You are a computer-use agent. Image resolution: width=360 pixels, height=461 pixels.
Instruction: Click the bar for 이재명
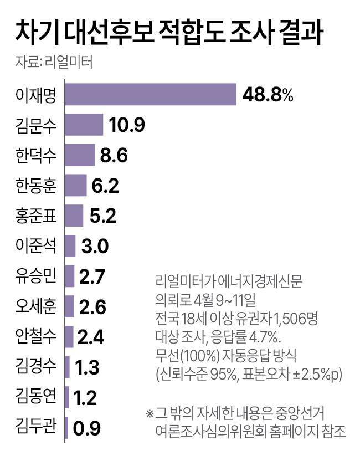151,94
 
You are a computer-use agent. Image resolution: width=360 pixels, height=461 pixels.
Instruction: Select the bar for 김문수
84,125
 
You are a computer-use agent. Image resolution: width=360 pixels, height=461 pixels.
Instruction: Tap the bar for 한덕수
80,155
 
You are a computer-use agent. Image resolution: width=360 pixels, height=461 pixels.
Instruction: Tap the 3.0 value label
96,246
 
